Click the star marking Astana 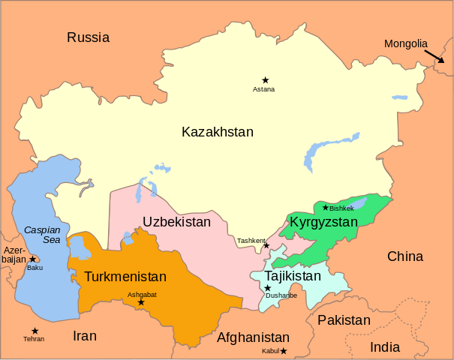(265, 79)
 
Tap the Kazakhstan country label (218, 132)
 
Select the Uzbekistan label (177, 223)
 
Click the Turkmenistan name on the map (125, 277)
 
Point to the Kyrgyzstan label (324, 223)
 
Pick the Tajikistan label (293, 276)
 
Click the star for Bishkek (325, 208)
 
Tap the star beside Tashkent (266, 245)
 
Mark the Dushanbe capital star (267, 288)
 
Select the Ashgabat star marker (140, 302)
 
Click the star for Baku (32, 259)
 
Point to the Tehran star (35, 331)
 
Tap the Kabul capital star (283, 350)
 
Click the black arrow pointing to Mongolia (433, 60)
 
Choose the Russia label (88, 37)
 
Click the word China (405, 256)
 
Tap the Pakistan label (344, 320)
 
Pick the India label (385, 347)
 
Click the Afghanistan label (253, 337)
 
